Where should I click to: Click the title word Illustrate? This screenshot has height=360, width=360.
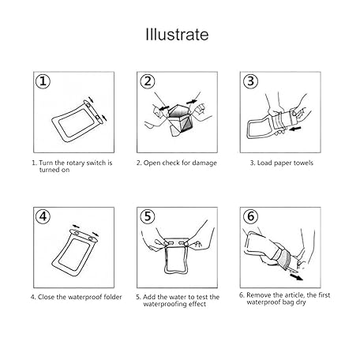177,35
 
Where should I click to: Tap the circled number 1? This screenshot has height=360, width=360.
43,81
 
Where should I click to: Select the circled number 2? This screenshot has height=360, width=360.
147,81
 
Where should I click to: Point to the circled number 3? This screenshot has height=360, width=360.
250,81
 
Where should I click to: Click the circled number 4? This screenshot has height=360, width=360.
43,216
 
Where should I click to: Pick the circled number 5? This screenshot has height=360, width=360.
147,216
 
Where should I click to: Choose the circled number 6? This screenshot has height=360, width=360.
250,216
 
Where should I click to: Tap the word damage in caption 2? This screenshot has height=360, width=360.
204,163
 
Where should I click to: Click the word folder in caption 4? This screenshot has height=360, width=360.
113,297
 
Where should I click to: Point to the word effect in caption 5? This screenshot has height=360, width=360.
197,304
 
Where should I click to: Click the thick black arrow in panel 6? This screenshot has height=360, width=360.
297,277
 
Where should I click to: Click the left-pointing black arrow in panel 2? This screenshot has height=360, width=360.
163,108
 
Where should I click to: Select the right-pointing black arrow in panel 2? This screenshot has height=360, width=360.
192,101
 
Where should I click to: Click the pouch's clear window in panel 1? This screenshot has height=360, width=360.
76,123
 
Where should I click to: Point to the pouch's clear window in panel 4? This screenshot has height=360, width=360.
74,255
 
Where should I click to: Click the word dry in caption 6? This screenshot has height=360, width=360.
301,302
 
